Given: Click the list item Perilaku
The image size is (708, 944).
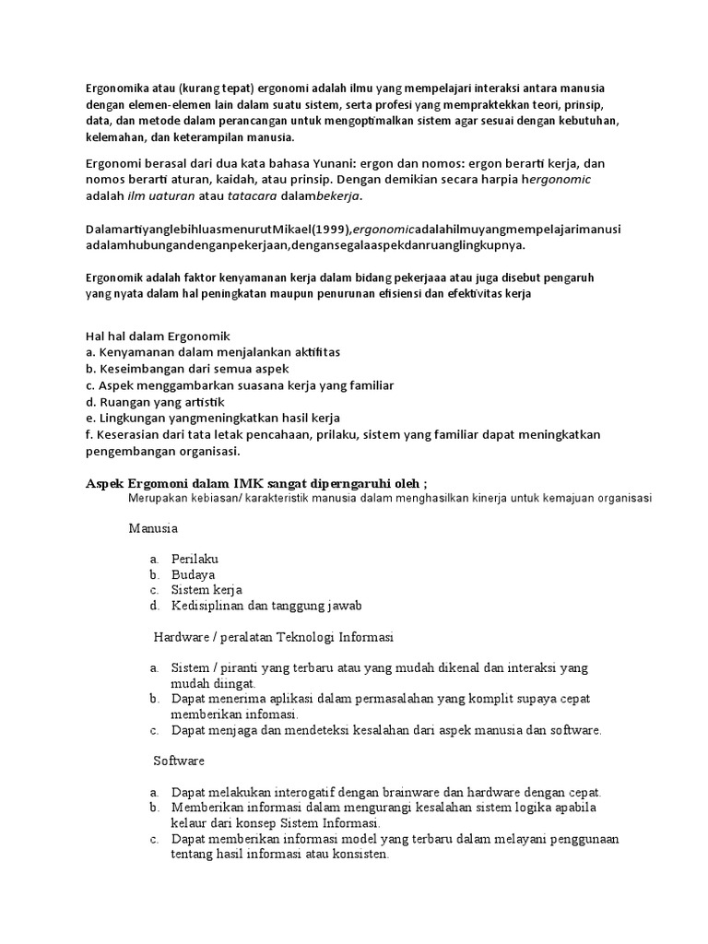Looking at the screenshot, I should coord(195,559).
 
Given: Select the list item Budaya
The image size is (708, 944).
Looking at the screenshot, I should coord(193,573).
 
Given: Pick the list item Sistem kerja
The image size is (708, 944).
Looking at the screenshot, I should coord(206,589).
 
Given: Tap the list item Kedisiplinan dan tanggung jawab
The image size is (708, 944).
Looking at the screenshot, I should coord(266,605).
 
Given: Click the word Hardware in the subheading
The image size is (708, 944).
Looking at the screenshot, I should coord(183,636).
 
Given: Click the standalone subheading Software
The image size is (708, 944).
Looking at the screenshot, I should coord(179,761).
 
